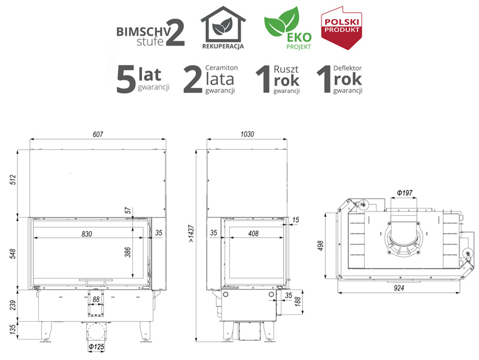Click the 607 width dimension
click(x=98, y=134)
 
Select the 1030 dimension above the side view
click(x=247, y=134)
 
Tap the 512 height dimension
click(x=13, y=180)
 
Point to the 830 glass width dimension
click(x=87, y=234)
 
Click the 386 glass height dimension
click(x=128, y=252)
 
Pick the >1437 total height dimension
click(x=191, y=234)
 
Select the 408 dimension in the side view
click(x=253, y=234)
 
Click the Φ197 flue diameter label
click(x=405, y=193)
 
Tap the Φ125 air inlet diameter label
click(x=96, y=347)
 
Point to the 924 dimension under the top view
click(x=399, y=288)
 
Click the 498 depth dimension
click(x=320, y=246)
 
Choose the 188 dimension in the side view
click(x=298, y=301)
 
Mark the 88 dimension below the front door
click(x=96, y=299)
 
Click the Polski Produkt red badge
click(x=341, y=28)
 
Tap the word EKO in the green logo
click(x=299, y=38)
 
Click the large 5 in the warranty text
click(x=126, y=79)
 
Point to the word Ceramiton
click(x=222, y=68)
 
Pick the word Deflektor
click(x=347, y=68)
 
